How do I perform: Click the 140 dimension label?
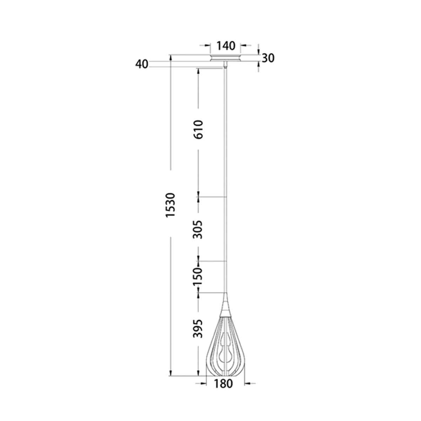click(226, 46)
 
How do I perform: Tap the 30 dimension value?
click(268, 58)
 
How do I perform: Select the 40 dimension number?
click(142, 64)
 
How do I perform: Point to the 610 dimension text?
click(199, 129)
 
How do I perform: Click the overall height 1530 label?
click(171, 205)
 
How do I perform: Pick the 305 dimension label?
click(198, 229)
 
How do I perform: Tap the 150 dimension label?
click(198, 276)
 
